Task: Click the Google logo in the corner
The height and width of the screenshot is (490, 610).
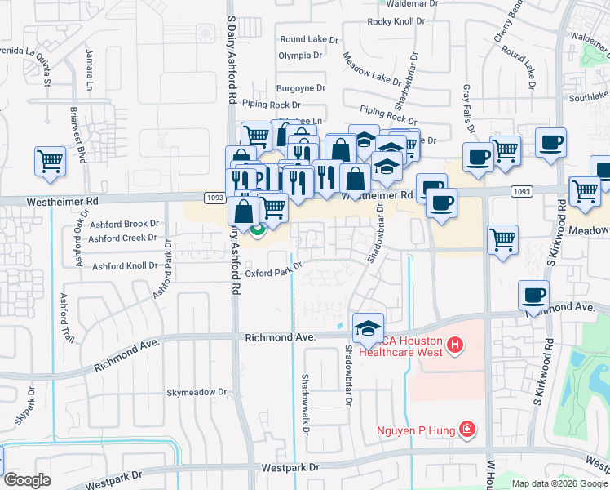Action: point(27,480)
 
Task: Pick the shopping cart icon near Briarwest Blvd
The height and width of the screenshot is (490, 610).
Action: point(50,160)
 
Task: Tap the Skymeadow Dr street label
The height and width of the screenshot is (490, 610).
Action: point(197,393)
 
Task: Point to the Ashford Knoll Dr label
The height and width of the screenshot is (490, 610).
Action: point(125,266)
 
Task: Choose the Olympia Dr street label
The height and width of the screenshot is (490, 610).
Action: point(300,56)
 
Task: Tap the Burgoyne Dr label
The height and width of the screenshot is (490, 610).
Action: point(301,87)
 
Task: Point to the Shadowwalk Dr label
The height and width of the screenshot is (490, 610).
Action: point(305,394)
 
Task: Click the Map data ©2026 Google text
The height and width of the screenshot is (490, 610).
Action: point(559,483)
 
